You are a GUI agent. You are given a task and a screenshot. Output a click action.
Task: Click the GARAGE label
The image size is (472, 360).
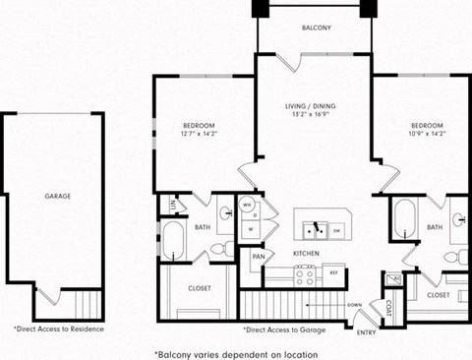(x=57, y=196)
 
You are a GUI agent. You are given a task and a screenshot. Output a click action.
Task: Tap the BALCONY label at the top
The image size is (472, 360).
(x=315, y=29)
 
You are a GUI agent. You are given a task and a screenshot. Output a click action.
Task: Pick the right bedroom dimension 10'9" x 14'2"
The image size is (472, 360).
(x=428, y=135)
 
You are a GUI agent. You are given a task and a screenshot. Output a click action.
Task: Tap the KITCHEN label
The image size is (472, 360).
(x=306, y=254)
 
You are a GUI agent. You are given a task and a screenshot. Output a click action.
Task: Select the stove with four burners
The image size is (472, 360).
(x=305, y=277)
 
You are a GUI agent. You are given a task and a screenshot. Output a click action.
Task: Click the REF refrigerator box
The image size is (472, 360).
(x=333, y=272)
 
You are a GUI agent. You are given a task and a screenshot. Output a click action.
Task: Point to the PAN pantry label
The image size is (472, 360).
(x=258, y=257)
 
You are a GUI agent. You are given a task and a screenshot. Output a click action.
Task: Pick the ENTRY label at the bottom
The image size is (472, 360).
(x=367, y=331)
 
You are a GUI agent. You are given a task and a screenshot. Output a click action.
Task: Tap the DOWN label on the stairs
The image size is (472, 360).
(x=356, y=305)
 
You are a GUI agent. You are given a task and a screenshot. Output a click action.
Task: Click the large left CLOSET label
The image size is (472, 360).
(x=200, y=288)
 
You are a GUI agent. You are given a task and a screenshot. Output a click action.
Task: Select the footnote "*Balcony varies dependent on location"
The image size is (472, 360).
(x=235, y=351)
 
